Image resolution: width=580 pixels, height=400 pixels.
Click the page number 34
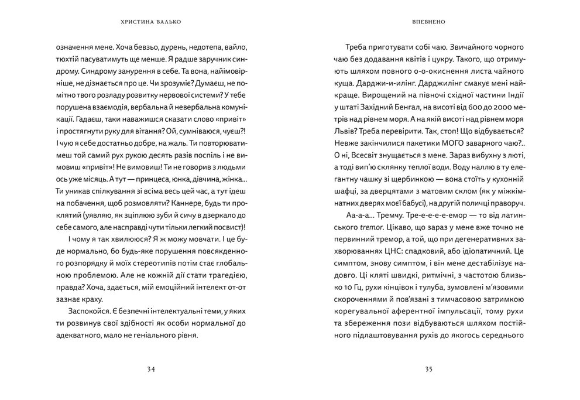pos(151,369)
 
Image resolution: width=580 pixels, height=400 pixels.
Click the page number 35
pos(428,369)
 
